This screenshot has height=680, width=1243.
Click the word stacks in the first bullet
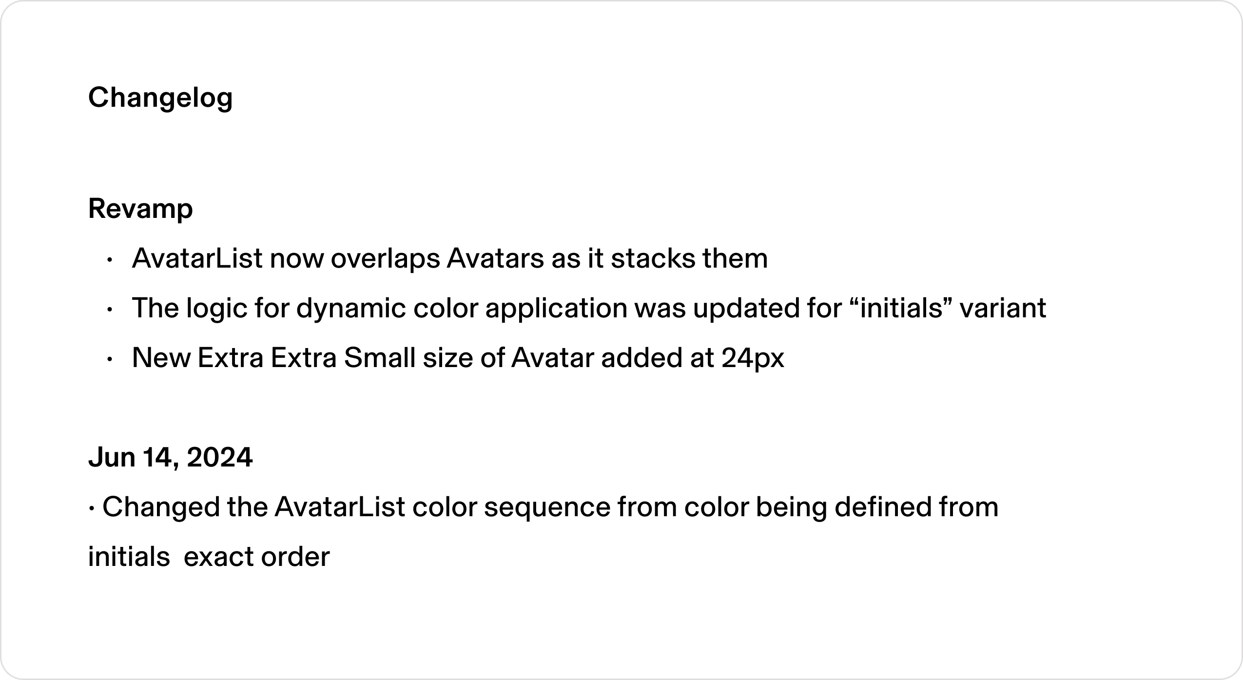(x=646, y=259)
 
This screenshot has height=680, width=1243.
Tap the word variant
(x=1003, y=309)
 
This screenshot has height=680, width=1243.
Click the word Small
(x=380, y=358)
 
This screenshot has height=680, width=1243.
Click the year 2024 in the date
(x=219, y=458)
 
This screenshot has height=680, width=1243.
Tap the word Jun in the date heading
(x=112, y=458)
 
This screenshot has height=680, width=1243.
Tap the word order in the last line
(x=295, y=557)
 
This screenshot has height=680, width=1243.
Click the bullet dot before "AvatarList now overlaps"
(x=110, y=260)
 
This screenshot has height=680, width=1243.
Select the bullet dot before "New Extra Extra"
(x=110, y=359)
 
